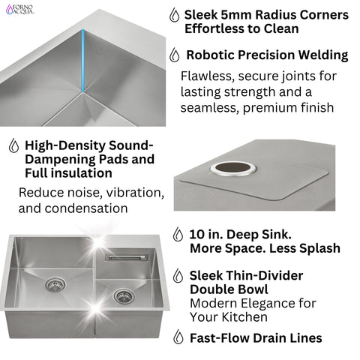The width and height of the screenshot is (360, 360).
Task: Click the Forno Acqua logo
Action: coord(20,10)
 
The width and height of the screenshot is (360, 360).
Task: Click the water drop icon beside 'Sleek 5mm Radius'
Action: coord(175,16)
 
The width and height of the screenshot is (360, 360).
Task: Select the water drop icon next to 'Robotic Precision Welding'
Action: coord(175,55)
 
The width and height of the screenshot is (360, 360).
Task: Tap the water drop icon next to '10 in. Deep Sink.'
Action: coord(177,235)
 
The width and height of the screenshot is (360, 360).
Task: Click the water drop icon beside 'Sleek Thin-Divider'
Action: coord(177,276)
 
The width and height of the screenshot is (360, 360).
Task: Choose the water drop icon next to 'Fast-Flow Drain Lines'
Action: coord(177,337)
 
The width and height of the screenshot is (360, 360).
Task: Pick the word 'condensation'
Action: coord(88,208)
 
